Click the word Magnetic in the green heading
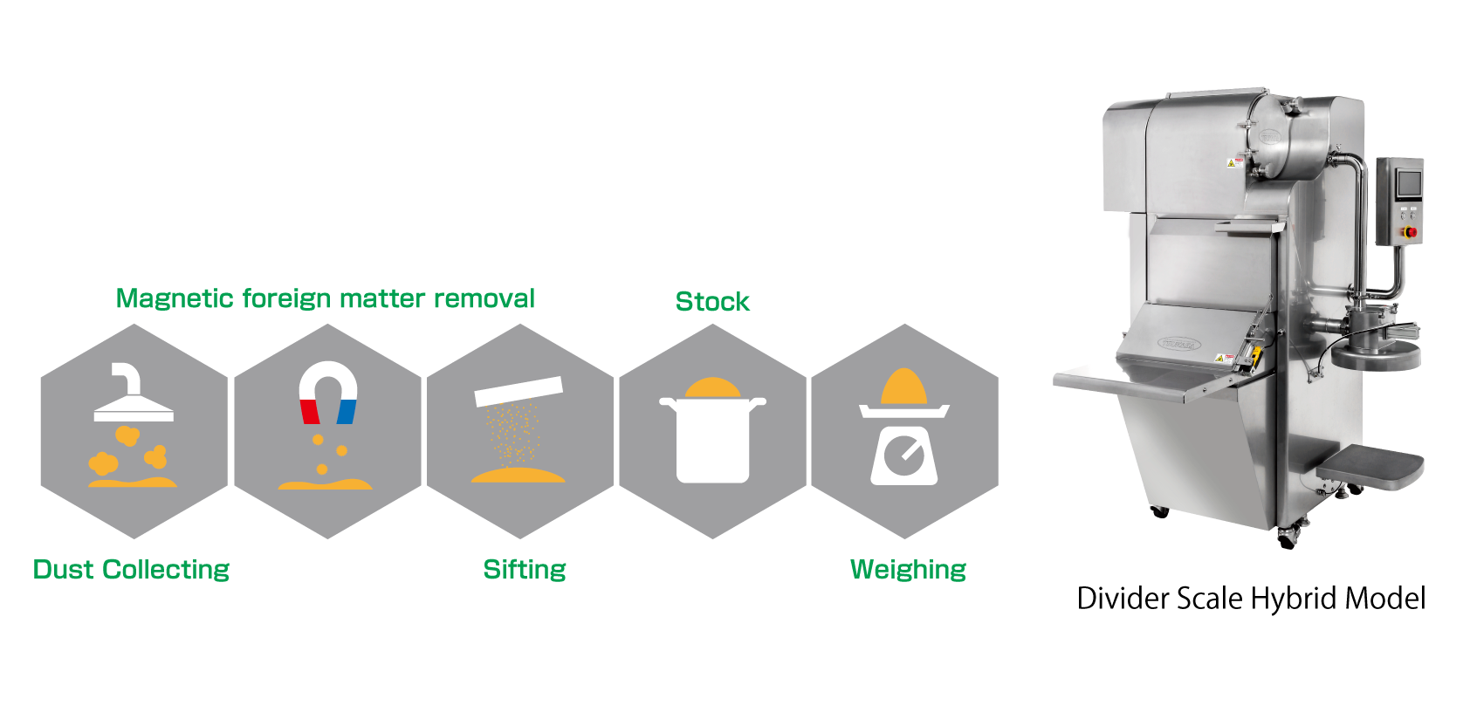click(x=175, y=299)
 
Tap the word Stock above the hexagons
click(x=712, y=302)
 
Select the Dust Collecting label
click(x=131, y=570)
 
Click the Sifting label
click(x=525, y=570)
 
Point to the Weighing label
click(x=908, y=570)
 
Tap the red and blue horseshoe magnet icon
click(x=328, y=392)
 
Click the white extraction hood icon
click(x=133, y=397)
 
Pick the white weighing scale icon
click(x=904, y=449)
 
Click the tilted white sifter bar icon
click(x=519, y=391)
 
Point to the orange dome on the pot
click(x=712, y=387)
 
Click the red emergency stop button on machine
click(x=1409, y=232)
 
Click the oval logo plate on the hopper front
click(x=1180, y=343)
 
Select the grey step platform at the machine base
click(x=1370, y=467)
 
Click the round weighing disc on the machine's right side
click(x=1377, y=354)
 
